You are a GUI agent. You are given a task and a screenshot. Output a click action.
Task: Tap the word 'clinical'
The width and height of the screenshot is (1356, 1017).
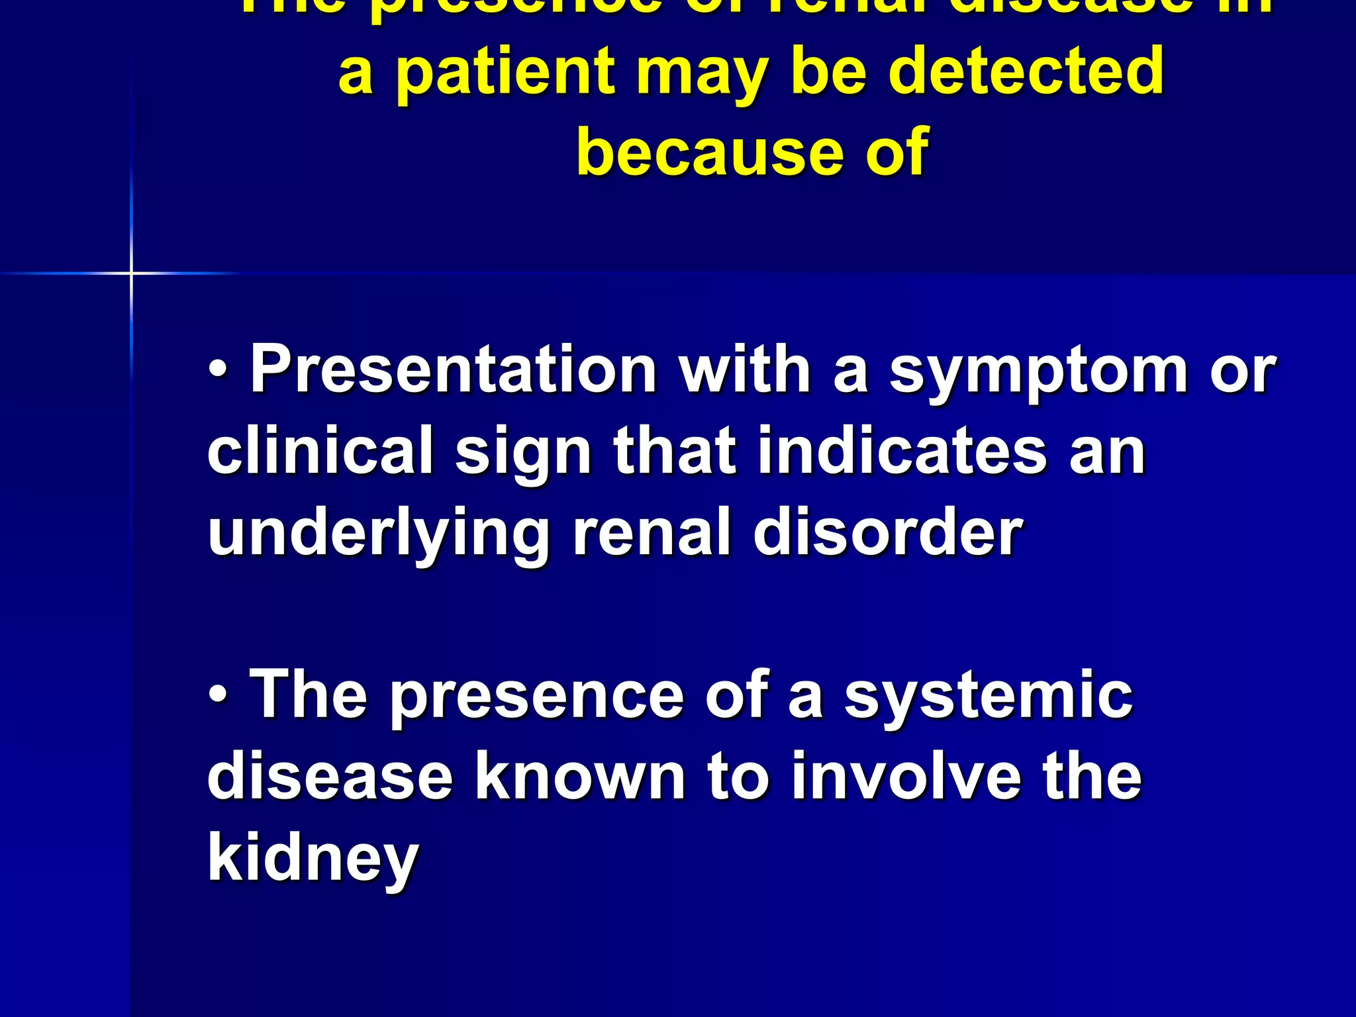pyautogui.click(x=320, y=452)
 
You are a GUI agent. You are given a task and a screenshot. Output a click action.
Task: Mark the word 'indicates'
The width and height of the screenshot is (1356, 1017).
pyautogui.click(x=902, y=452)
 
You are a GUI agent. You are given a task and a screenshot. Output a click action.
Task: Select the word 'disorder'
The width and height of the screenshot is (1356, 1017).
pyautogui.click(x=888, y=532)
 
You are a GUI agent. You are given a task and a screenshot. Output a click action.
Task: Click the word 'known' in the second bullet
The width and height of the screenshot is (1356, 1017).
pyautogui.click(x=580, y=777)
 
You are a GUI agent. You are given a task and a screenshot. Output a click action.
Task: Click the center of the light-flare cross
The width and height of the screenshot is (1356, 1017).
pyautogui.click(x=131, y=273)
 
